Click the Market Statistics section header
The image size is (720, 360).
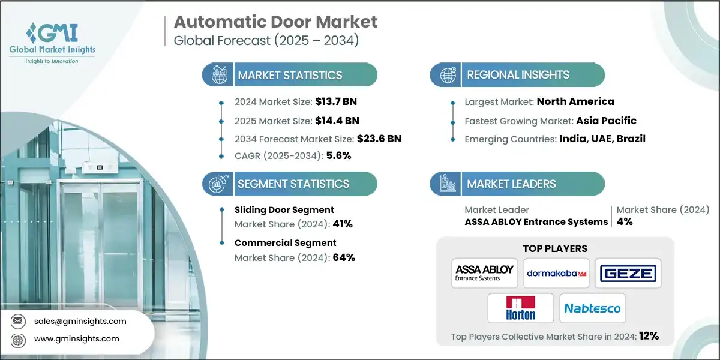(290, 75)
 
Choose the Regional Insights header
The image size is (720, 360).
(518, 75)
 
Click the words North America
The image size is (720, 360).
(575, 101)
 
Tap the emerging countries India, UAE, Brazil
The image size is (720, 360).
(603, 139)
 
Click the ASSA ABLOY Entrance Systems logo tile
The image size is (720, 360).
(484, 273)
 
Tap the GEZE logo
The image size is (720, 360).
(628, 274)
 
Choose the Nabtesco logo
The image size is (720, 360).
(592, 308)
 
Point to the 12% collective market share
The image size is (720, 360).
(649, 337)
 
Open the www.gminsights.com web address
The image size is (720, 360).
(76, 339)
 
